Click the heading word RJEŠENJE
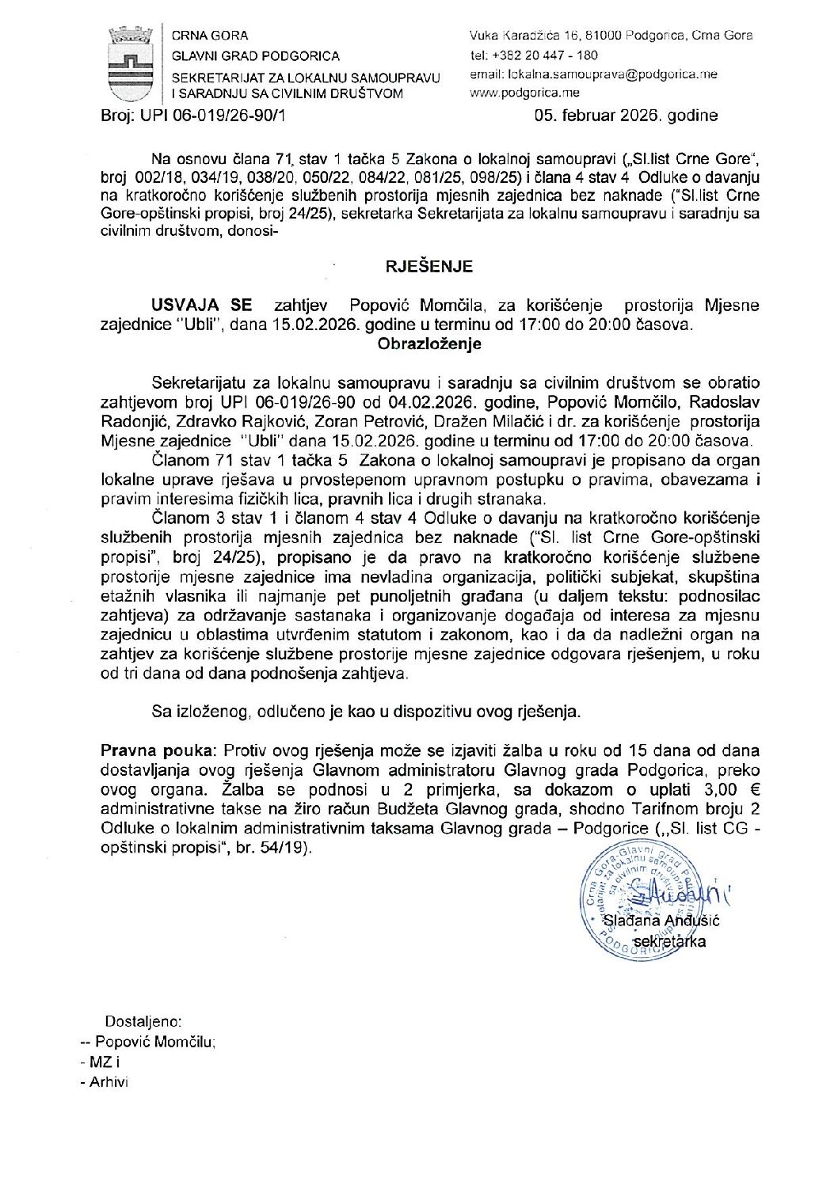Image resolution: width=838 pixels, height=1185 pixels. click(x=429, y=267)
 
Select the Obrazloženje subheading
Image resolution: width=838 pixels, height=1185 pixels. click(x=429, y=344)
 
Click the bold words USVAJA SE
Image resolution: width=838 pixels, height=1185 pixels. click(x=203, y=306)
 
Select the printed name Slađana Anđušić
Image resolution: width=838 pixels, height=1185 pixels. click(x=661, y=921)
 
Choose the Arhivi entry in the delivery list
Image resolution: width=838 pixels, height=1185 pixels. click(x=109, y=1082)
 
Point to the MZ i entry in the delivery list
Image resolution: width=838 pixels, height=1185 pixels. click(x=105, y=1062)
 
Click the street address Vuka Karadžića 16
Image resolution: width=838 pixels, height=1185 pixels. click(x=526, y=36)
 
